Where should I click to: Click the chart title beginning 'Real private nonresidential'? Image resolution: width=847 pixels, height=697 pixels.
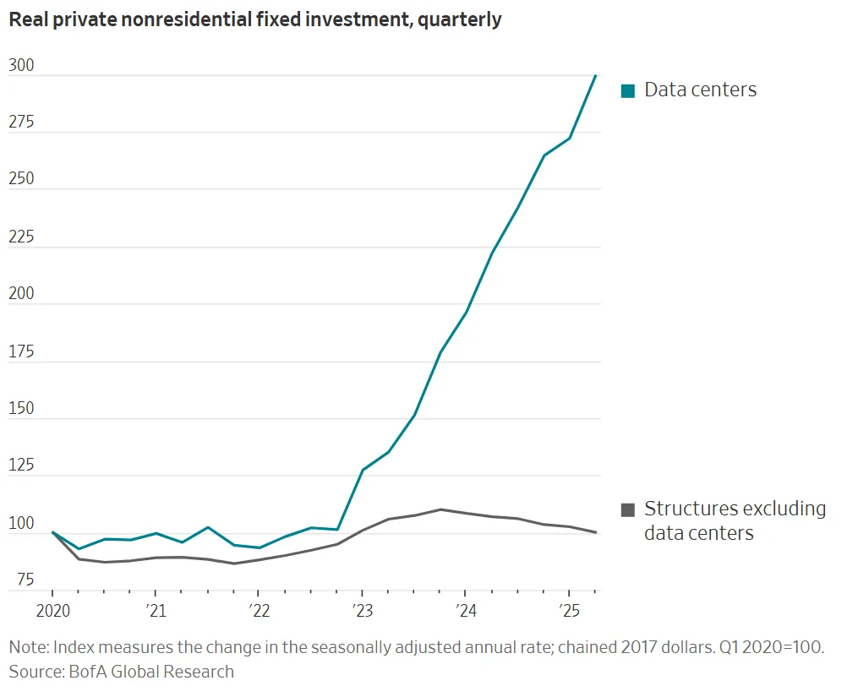point(254,20)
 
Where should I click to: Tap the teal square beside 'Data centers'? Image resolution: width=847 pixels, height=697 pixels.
point(627,90)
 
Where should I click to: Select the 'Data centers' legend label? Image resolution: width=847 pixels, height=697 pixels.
point(700,90)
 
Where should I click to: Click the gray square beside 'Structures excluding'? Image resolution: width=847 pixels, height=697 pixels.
point(627,509)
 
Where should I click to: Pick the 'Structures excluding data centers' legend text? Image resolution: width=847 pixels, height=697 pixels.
point(734,520)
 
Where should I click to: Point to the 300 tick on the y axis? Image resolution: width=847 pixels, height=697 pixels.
point(21,65)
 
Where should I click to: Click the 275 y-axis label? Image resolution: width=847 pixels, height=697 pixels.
point(21,123)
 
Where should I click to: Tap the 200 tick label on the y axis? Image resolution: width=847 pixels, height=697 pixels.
point(21,294)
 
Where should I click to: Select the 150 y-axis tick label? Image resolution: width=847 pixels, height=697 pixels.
point(21,409)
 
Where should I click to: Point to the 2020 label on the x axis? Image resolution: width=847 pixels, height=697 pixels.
point(52,610)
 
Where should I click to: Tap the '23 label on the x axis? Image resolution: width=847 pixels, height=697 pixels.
point(362,610)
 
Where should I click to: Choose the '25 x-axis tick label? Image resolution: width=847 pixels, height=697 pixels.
point(568,610)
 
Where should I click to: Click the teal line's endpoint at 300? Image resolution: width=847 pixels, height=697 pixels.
point(596,75)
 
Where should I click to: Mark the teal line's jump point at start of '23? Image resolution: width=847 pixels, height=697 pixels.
point(362,470)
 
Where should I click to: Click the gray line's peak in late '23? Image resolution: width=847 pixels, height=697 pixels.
point(440,509)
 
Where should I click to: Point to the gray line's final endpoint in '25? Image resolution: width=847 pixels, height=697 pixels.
point(596,532)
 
